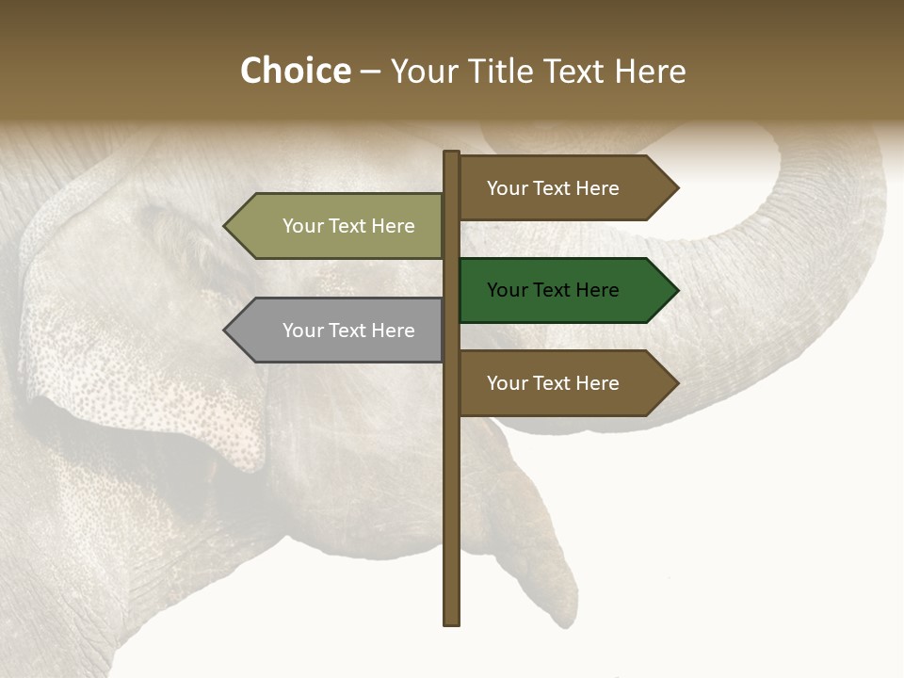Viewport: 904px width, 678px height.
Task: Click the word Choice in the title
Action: [x=295, y=72]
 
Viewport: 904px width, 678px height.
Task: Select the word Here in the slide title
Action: [x=649, y=72]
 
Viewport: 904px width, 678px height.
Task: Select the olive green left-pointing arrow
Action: [x=339, y=226]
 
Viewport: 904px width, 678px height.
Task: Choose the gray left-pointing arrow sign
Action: [x=339, y=331]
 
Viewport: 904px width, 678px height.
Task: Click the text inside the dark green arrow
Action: [x=553, y=290]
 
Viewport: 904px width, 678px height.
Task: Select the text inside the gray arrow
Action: [x=348, y=331]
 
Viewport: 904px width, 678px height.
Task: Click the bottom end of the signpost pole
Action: [x=452, y=621]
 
